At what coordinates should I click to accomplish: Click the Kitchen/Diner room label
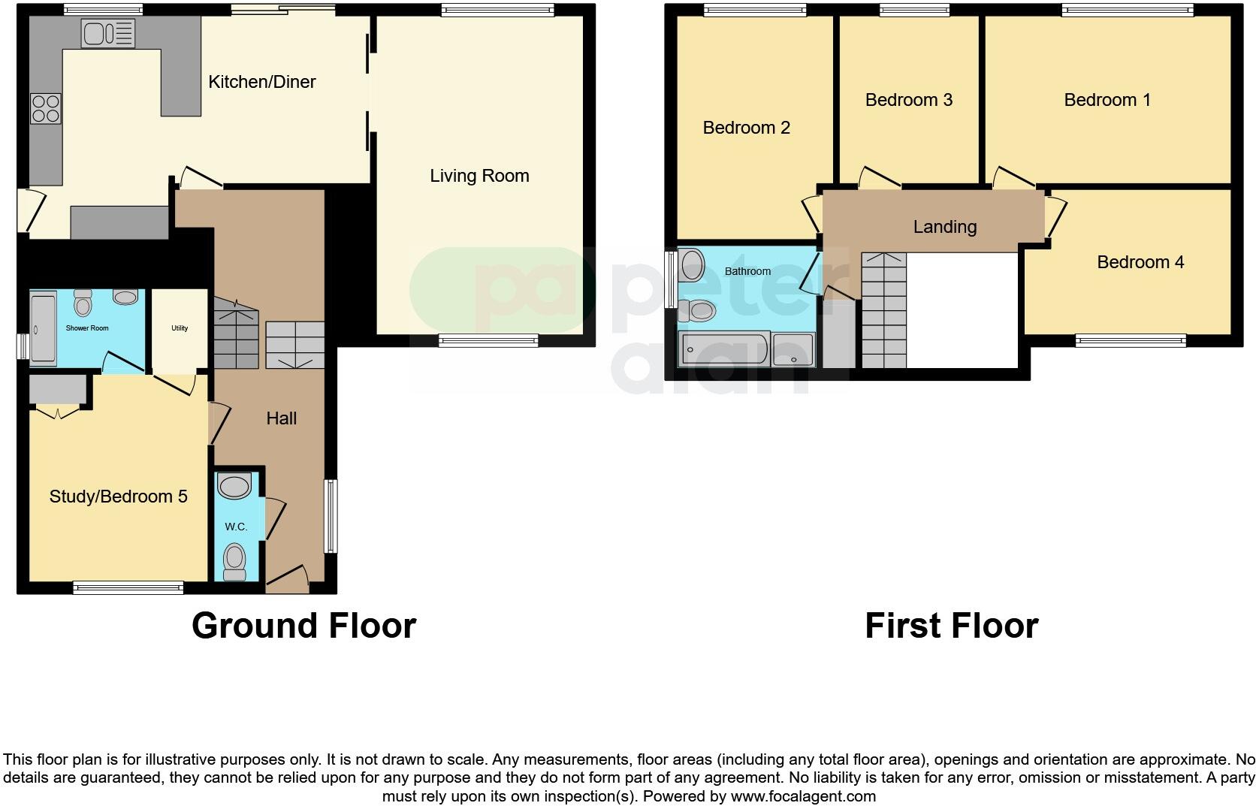point(261,82)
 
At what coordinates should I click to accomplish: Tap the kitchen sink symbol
point(108,34)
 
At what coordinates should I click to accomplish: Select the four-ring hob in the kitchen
point(46,108)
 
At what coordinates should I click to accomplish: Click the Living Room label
point(479,176)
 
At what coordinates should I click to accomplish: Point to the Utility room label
point(179,328)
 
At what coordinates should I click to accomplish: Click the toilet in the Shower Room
point(83,303)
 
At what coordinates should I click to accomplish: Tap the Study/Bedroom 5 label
point(118,497)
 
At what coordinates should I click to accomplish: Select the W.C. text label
point(236,527)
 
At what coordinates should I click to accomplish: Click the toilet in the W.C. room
point(235,560)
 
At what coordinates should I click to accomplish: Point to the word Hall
point(282,418)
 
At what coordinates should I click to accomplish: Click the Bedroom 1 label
point(1107,100)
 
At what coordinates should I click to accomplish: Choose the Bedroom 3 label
point(908,100)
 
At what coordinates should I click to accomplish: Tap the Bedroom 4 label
point(1140,262)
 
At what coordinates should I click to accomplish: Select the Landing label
point(944,227)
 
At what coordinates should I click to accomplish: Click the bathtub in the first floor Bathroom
point(723,350)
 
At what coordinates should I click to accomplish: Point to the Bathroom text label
point(747,271)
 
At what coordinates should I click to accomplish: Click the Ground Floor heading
point(303,626)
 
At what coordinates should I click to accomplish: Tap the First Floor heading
point(951,626)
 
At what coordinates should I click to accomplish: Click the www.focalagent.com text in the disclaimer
point(803,796)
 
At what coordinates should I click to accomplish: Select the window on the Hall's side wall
point(331,516)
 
